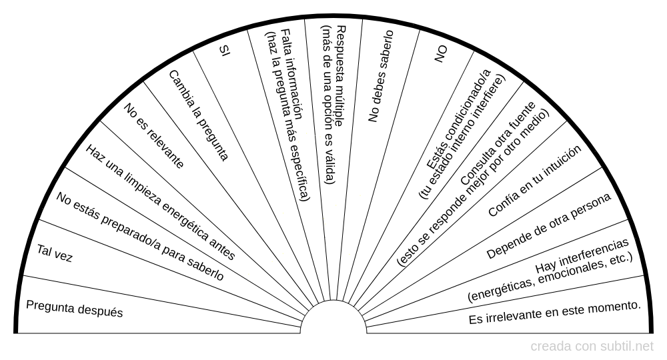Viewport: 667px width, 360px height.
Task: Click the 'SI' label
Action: [224, 51]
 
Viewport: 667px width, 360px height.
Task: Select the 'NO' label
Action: [441, 55]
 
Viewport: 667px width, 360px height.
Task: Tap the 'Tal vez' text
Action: [55, 253]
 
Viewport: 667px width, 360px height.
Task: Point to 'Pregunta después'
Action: [75, 309]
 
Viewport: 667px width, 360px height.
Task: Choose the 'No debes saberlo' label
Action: [381, 77]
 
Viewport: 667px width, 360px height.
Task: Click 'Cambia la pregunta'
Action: [199, 115]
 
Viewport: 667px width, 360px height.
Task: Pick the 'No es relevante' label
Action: [154, 135]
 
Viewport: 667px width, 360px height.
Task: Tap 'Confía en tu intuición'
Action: [535, 181]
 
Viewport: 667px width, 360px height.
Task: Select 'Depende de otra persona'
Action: [549, 226]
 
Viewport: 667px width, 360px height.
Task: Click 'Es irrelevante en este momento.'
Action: [555, 313]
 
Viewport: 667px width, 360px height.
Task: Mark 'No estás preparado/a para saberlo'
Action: [140, 236]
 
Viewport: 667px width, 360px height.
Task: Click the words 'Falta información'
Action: [291, 75]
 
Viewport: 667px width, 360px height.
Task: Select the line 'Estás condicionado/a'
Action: [459, 119]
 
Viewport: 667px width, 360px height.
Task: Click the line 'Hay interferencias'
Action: [582, 255]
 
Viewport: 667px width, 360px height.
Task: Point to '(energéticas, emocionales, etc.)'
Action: [550, 277]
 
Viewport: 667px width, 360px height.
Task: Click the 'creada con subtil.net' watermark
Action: [592, 347]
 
